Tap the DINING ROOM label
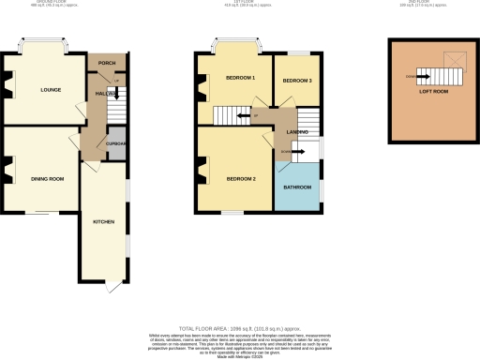click(47, 178)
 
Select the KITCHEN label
click(103, 221)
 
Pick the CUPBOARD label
click(116, 143)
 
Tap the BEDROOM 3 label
click(297, 82)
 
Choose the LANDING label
click(298, 131)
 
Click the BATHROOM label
click(298, 186)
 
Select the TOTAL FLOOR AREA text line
click(239, 327)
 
